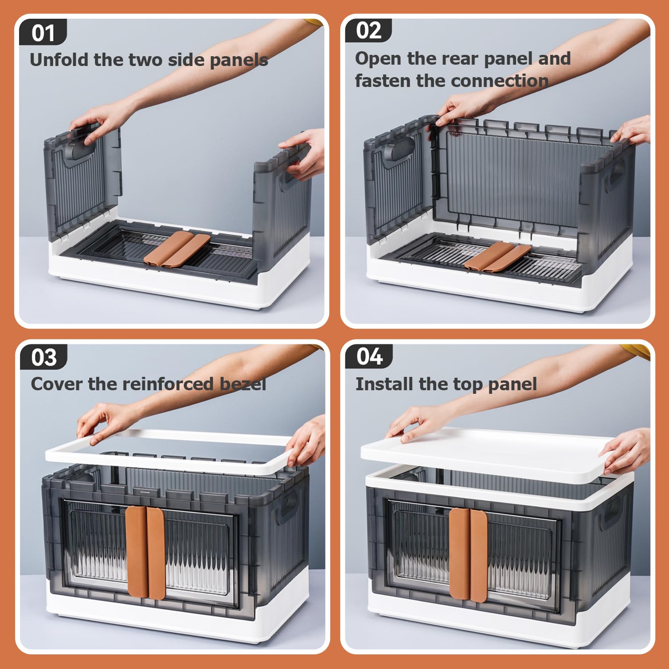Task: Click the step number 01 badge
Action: pos(43,32)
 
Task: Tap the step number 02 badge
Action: pos(368,31)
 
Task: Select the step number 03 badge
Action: pos(44,357)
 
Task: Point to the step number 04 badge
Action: pos(369,356)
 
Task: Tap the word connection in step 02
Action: pos(504,81)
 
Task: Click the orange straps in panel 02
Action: pos(498,257)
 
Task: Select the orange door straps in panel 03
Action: pos(145,552)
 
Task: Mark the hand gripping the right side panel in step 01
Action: pos(303,152)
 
